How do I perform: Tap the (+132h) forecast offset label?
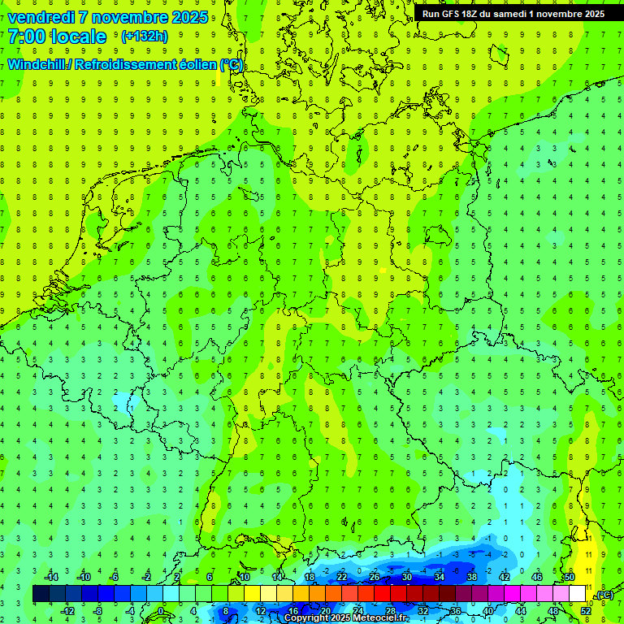tap(144, 36)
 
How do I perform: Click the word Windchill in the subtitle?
tap(37, 64)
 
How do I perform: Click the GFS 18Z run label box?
tap(513, 14)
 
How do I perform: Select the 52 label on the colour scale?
tap(586, 610)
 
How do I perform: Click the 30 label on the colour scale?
tap(406, 577)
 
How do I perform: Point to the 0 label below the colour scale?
tap(160, 610)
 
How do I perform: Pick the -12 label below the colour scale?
tap(67, 610)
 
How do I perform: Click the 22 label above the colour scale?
tap(341, 577)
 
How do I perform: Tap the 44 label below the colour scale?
tap(521, 610)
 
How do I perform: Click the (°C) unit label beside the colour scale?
tap(604, 595)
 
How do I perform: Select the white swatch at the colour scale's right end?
tap(577, 594)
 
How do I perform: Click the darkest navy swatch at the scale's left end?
tap(41, 594)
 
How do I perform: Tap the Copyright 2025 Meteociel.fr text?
tap(346, 618)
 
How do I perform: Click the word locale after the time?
tap(77, 37)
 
